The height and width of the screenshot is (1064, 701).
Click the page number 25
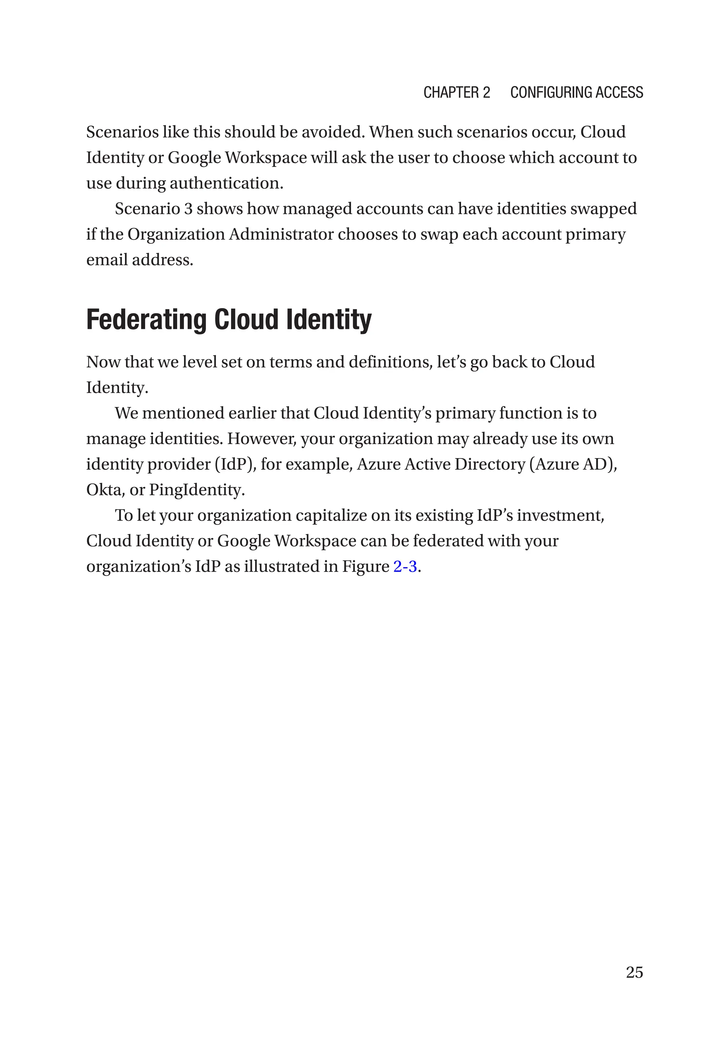click(x=634, y=972)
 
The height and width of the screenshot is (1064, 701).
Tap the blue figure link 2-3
click(x=405, y=566)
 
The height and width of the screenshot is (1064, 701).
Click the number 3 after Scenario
click(x=189, y=209)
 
